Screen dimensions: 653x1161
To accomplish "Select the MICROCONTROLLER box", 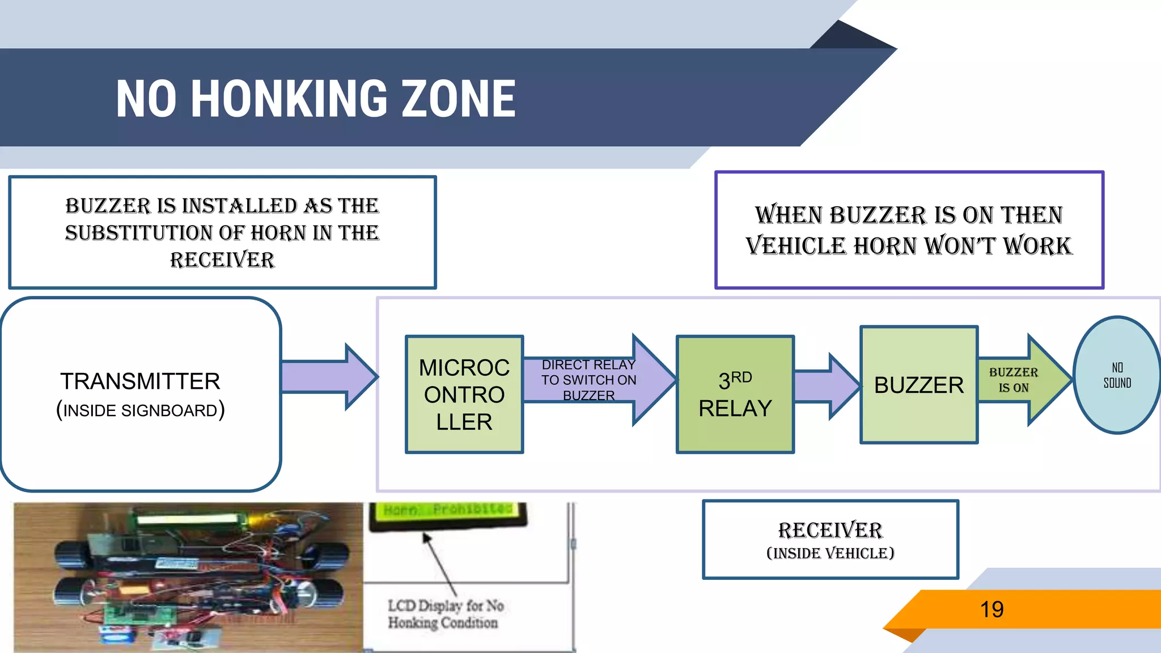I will [464, 395].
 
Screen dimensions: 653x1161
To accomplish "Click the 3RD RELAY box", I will [735, 395].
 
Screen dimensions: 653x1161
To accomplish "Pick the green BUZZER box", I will [918, 385].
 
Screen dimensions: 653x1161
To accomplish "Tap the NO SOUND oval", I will [1116, 375].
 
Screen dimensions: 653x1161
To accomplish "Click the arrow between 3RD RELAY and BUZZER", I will [825, 387].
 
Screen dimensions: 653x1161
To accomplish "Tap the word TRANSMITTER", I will [140, 381].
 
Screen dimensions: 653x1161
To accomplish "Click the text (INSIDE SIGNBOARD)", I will [140, 410].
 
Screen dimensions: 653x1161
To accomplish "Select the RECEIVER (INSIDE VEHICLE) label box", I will [830, 539].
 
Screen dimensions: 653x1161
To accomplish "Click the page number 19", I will [991, 609].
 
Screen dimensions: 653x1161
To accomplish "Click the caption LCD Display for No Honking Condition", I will [444, 614].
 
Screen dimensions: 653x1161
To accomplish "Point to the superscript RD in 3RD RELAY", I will [741, 377].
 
